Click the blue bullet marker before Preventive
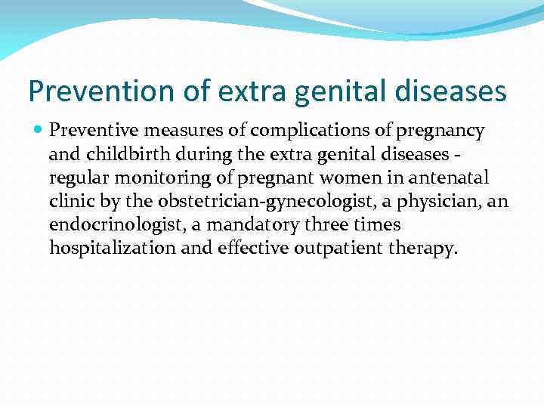click(39, 131)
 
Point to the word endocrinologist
click(101, 225)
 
